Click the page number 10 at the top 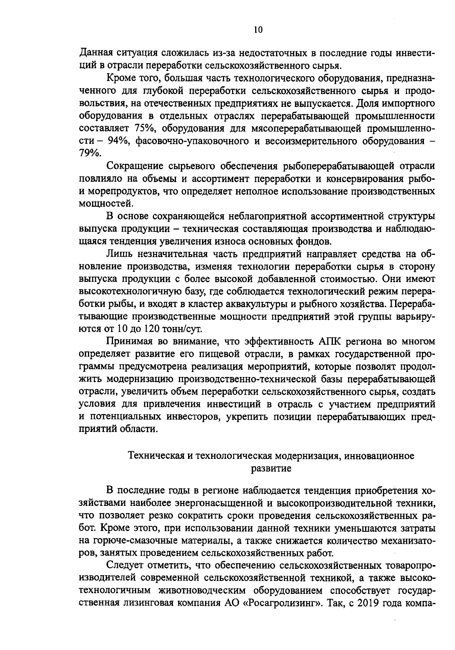pos(258,30)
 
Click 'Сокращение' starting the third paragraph pos(134,166)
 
